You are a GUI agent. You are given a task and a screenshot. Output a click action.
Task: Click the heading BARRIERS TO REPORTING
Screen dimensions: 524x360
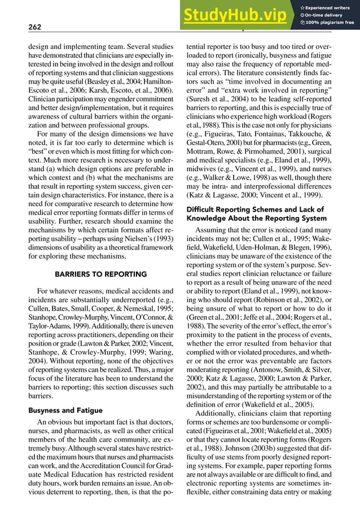tap(100, 274)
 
